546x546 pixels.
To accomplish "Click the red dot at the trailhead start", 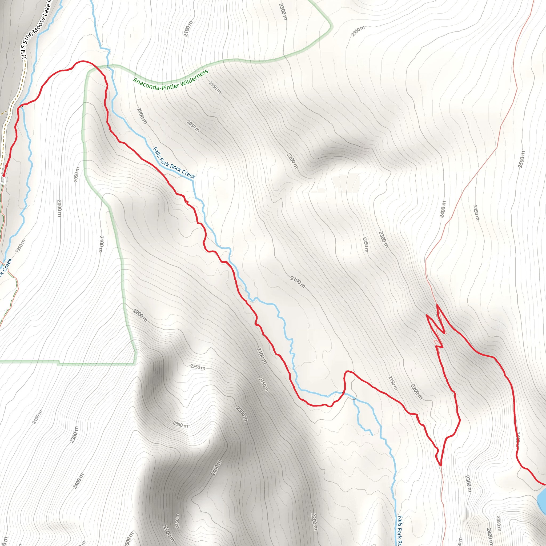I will coord(3,176).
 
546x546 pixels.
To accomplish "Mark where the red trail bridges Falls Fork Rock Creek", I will coord(343,393).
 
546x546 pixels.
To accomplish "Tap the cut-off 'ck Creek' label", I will coord(6,267).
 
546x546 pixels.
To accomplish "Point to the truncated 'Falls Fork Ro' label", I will coord(400,530).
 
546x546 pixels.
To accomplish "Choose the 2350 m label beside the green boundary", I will coord(358,31).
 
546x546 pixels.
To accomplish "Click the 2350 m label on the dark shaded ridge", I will coord(180,424).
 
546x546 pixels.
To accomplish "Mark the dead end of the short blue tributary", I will coord(372,435).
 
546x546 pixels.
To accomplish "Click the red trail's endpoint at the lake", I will coord(544,485).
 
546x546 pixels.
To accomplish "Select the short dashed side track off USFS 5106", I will coord(3,113).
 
